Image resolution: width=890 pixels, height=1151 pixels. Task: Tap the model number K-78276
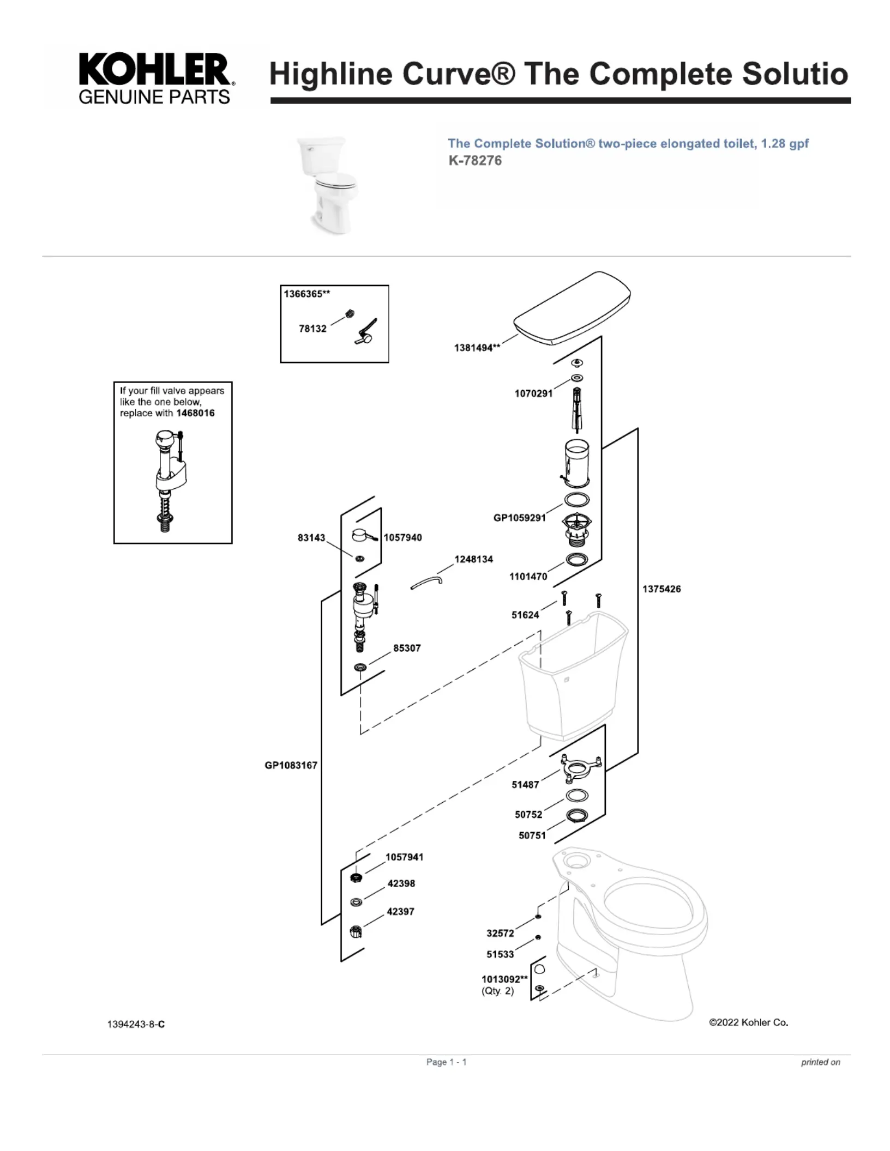coord(474,161)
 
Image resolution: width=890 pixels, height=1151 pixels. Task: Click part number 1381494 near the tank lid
coord(477,348)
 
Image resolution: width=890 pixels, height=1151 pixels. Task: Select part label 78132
coord(312,329)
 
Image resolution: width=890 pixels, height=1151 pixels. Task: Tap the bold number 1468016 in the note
coord(195,413)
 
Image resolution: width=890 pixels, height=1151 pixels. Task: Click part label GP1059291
coord(519,518)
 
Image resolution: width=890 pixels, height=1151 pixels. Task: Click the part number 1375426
coord(661,589)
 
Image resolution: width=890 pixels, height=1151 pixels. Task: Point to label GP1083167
coord(291,765)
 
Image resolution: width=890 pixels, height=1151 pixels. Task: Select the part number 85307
coord(407,648)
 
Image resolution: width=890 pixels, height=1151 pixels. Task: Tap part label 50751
coord(532,835)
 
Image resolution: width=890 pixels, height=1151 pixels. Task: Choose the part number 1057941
coord(404,857)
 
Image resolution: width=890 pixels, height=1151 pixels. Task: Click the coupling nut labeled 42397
coord(356,931)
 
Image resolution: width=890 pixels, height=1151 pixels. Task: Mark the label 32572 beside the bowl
coord(500,933)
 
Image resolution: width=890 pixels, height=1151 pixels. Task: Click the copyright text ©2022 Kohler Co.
coord(748,1022)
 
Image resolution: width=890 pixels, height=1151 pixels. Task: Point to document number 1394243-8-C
coord(136,1024)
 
